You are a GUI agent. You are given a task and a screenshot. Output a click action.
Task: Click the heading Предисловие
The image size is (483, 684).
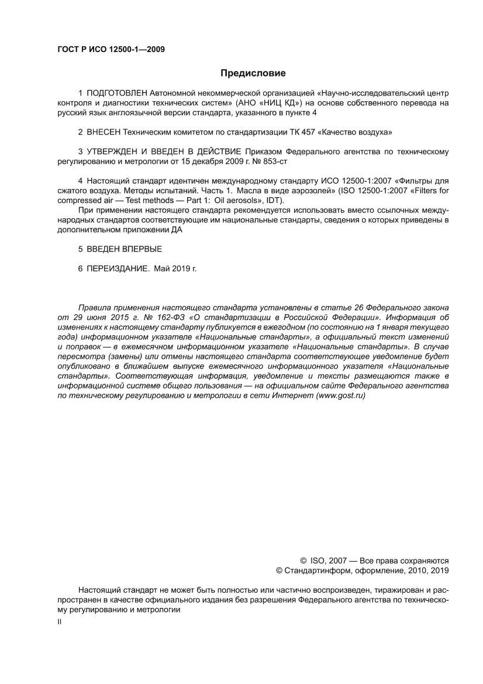[x=253, y=74]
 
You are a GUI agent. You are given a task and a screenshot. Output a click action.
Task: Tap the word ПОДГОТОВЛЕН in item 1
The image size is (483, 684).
[x=117, y=93]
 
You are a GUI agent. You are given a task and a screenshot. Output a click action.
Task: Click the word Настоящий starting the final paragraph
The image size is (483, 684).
[x=98, y=590]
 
